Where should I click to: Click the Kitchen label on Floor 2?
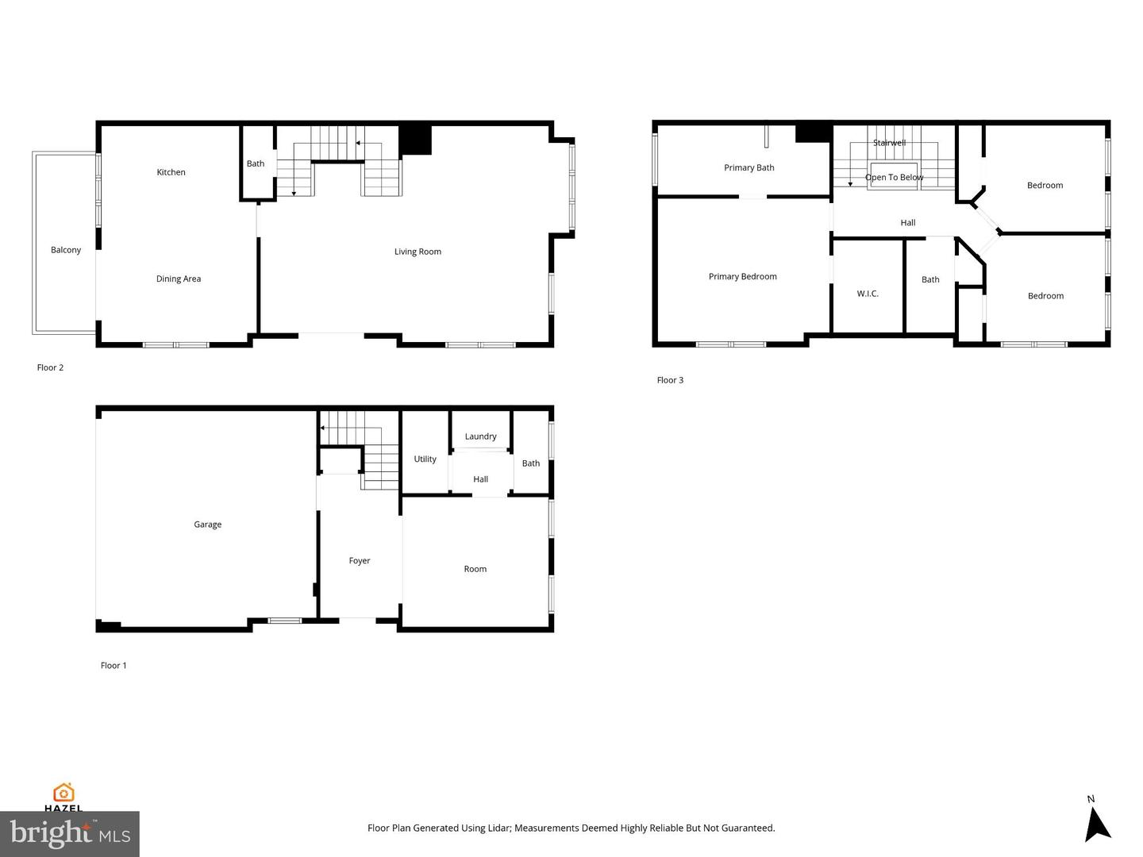(x=171, y=172)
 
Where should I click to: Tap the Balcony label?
(x=66, y=250)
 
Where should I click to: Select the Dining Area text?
(x=178, y=279)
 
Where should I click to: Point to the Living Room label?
(x=418, y=252)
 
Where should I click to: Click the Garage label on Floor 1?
(x=207, y=525)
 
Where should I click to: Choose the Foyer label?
(x=360, y=560)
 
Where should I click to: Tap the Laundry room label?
(x=480, y=436)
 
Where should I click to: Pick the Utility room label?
(x=425, y=459)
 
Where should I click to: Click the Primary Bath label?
(x=749, y=167)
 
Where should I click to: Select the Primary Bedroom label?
(x=743, y=277)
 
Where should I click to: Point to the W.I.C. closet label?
(x=868, y=294)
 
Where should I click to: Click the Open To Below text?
(x=894, y=178)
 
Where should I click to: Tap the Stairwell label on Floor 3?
(x=890, y=143)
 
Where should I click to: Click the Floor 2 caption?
(x=50, y=368)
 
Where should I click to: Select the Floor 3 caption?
(x=670, y=380)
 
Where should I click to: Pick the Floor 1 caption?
(x=113, y=666)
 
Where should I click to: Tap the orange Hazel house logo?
(x=63, y=793)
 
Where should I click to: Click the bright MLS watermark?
(x=70, y=833)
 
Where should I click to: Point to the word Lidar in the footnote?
(x=498, y=828)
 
